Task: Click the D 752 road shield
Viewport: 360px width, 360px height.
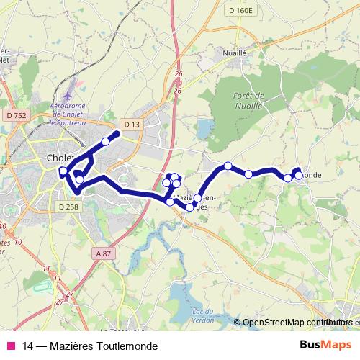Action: [x=14, y=115]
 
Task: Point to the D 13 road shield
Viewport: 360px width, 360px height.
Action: [x=130, y=125]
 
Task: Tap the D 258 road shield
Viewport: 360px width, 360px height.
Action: [x=68, y=207]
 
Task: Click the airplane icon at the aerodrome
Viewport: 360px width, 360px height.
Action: [x=67, y=96]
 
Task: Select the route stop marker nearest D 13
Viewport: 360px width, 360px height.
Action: [x=106, y=142]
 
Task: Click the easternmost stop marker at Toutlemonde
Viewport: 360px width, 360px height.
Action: [x=298, y=175]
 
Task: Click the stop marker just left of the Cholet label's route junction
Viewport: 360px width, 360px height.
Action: [x=63, y=171]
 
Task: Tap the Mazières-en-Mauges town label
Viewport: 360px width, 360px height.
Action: [x=196, y=200]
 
